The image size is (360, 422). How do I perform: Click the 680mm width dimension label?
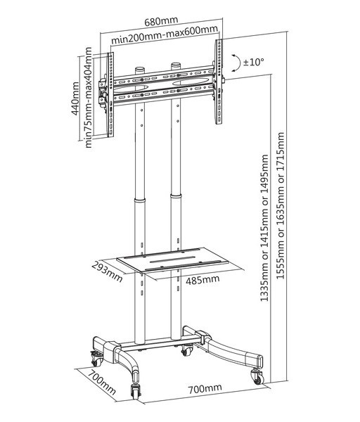click(x=161, y=21)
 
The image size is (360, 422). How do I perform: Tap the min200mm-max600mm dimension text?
click(x=165, y=36)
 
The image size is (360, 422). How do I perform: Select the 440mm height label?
click(x=75, y=98)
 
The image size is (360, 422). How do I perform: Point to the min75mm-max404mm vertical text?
click(x=89, y=98)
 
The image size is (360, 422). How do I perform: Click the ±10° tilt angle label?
click(x=253, y=63)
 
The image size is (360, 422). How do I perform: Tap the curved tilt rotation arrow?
click(x=238, y=63)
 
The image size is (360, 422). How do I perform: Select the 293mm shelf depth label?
click(x=108, y=271)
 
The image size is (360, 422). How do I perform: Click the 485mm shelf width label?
click(x=202, y=280)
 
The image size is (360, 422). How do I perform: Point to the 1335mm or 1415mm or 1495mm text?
click(x=264, y=228)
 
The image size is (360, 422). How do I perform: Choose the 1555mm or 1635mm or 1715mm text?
click(x=281, y=205)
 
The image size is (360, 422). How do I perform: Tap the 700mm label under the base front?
click(x=205, y=388)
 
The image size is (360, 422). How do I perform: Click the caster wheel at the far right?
click(x=257, y=376)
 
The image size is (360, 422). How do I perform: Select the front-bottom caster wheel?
click(x=135, y=390)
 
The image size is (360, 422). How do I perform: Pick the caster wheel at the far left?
click(x=96, y=358)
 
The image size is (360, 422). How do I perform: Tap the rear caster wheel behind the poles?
click(x=187, y=350)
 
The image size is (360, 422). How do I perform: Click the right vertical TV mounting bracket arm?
click(x=219, y=82)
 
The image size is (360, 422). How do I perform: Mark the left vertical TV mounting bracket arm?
click(x=110, y=95)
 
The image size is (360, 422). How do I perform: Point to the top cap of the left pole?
click(x=140, y=70)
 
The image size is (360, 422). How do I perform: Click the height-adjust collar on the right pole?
click(x=176, y=197)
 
